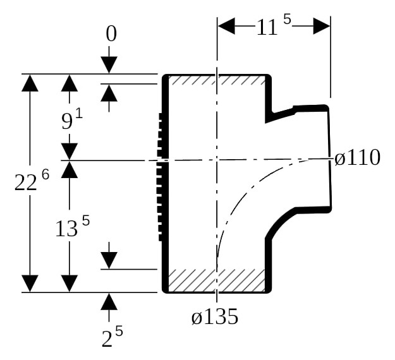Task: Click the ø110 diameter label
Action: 357,158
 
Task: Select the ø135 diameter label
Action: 215,316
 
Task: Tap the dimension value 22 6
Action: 32,179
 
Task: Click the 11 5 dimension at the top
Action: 274,25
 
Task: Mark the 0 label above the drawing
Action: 111,33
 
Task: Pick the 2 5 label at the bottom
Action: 112,336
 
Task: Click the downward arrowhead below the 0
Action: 109,65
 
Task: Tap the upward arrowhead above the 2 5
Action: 109,301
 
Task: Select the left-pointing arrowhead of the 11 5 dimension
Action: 226,26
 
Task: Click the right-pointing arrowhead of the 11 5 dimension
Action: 322,26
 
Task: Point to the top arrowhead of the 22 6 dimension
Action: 30,83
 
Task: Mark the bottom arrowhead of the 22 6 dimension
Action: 30,284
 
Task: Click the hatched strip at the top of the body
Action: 217,80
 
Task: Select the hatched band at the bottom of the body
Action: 217,280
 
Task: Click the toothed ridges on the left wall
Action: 160,177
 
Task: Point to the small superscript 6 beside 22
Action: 46,174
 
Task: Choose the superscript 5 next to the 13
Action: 86,221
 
